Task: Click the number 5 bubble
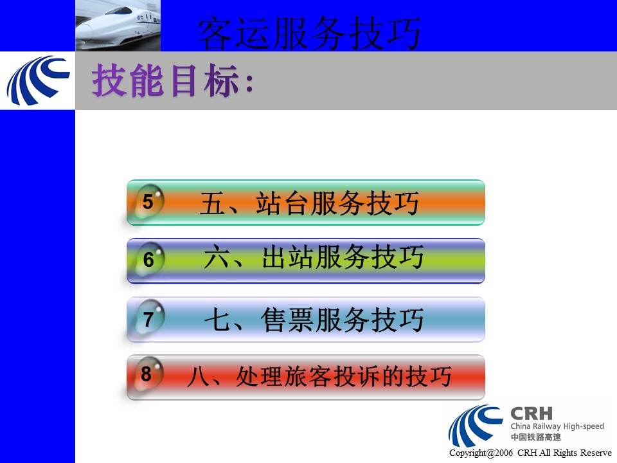click(x=148, y=201)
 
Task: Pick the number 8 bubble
click(x=147, y=374)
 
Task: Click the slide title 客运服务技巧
click(x=309, y=33)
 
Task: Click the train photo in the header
click(x=118, y=26)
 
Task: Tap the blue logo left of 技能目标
click(x=38, y=80)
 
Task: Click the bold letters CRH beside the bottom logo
click(x=532, y=413)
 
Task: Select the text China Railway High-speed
click(x=557, y=426)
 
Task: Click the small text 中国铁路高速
click(x=535, y=437)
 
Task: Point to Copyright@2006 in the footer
click(x=481, y=453)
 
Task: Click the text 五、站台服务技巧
click(x=309, y=203)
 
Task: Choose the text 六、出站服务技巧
click(x=314, y=257)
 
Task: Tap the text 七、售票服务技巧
click(x=314, y=320)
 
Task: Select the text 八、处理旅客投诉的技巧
click(x=319, y=376)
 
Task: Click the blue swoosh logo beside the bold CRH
click(x=476, y=425)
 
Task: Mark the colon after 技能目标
click(x=249, y=83)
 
